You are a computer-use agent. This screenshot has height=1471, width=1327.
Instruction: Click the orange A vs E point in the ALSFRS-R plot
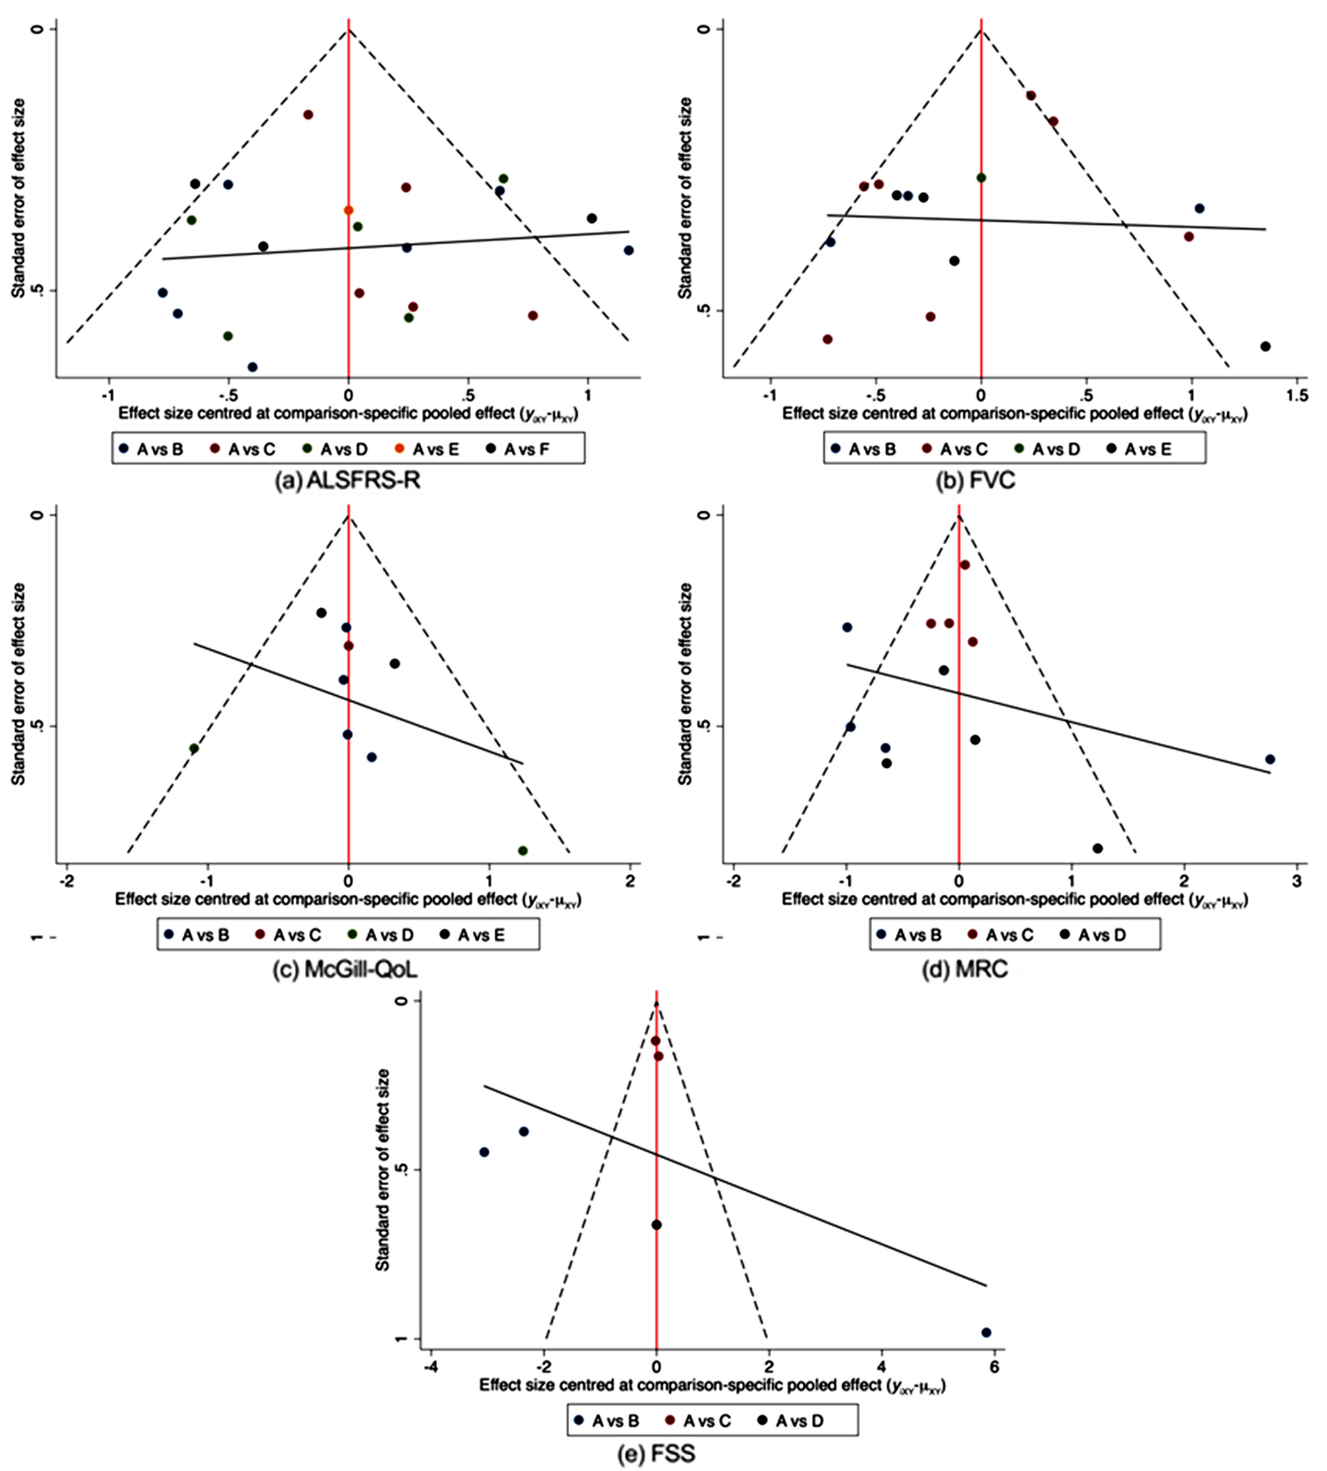pos(348,210)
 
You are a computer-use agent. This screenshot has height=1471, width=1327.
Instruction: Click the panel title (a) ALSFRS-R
pos(347,481)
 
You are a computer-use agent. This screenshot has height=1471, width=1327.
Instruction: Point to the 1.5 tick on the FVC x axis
pos(1296,395)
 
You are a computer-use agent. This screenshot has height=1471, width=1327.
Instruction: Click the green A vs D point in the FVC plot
pos(981,177)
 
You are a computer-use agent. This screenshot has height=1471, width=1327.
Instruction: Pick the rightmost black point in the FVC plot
pos(1266,347)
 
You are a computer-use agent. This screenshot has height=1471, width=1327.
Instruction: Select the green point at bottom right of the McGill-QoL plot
pos(523,851)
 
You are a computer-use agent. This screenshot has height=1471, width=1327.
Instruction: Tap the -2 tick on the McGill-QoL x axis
pos(67,881)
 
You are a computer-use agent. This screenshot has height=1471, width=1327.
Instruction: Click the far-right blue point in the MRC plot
pos(1270,759)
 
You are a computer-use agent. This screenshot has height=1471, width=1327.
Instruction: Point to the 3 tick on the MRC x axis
pos(1297,881)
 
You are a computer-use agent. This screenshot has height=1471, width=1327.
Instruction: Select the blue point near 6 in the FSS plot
pos(986,1333)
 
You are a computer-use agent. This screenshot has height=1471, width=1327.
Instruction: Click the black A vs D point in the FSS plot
pos(656,1224)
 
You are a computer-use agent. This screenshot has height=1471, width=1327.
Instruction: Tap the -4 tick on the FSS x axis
pos(431,1366)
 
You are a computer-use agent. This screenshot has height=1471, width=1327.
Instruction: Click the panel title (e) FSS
pos(656,1454)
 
